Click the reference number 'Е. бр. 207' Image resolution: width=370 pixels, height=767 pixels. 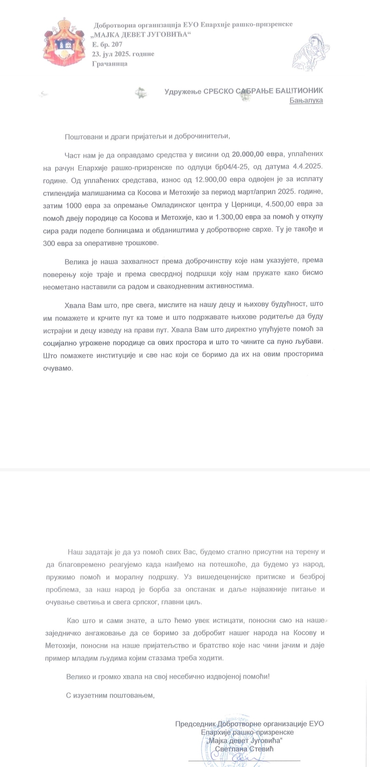click(107, 44)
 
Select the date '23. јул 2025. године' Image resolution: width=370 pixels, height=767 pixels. click(123, 54)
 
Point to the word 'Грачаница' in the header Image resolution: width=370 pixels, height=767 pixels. click(110, 63)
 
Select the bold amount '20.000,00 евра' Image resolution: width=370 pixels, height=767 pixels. click(258, 154)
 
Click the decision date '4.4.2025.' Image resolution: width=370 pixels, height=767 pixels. click(308, 167)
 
